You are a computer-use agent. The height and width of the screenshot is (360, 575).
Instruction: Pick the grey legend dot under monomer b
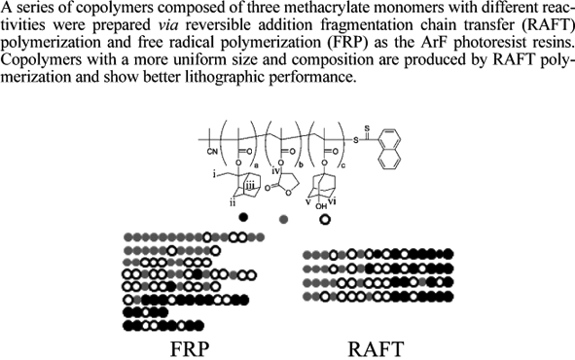coord(284,219)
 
